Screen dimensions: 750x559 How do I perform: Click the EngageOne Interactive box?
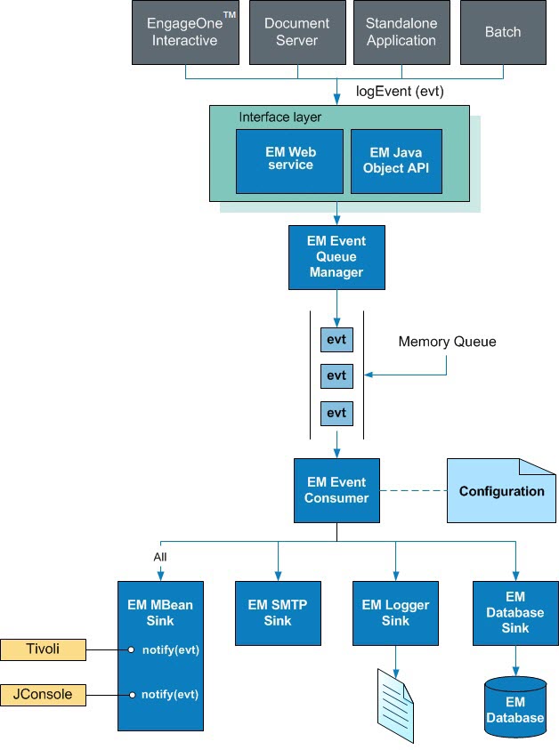pyautogui.click(x=185, y=32)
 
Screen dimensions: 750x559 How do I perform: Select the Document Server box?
pyautogui.click(x=296, y=32)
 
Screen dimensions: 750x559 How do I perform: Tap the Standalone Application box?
pyautogui.click(x=401, y=32)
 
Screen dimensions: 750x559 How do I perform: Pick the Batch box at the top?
pyautogui.click(x=503, y=32)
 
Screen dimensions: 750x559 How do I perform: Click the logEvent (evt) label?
pyautogui.click(x=400, y=91)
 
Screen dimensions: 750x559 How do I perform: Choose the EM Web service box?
pyautogui.click(x=289, y=160)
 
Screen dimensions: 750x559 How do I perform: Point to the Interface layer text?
pyautogui.click(x=280, y=117)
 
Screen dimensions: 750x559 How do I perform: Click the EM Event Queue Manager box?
pyautogui.click(x=336, y=256)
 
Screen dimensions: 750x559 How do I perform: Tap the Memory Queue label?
pyautogui.click(x=447, y=342)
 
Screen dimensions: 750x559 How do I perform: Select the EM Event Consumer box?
pyautogui.click(x=336, y=490)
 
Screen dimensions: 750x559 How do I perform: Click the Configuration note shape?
pyautogui.click(x=500, y=491)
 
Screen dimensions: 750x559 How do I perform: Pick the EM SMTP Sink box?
pyautogui.click(x=278, y=613)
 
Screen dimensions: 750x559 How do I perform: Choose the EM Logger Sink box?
pyautogui.click(x=395, y=613)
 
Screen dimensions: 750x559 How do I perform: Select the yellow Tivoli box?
pyautogui.click(x=43, y=649)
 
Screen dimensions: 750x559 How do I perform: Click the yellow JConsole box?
pyautogui.click(x=43, y=694)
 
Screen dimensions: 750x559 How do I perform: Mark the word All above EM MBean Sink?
pyautogui.click(x=160, y=557)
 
